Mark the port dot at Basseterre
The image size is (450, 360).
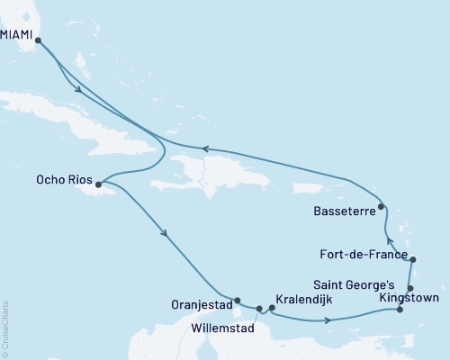(x=382, y=207)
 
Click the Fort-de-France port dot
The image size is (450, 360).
(x=412, y=260)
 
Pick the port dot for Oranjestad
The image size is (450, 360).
(x=238, y=301)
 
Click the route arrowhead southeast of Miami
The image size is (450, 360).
(x=79, y=89)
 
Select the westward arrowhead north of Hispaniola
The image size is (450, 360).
(x=203, y=149)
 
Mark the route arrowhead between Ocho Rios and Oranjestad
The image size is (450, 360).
(x=164, y=235)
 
